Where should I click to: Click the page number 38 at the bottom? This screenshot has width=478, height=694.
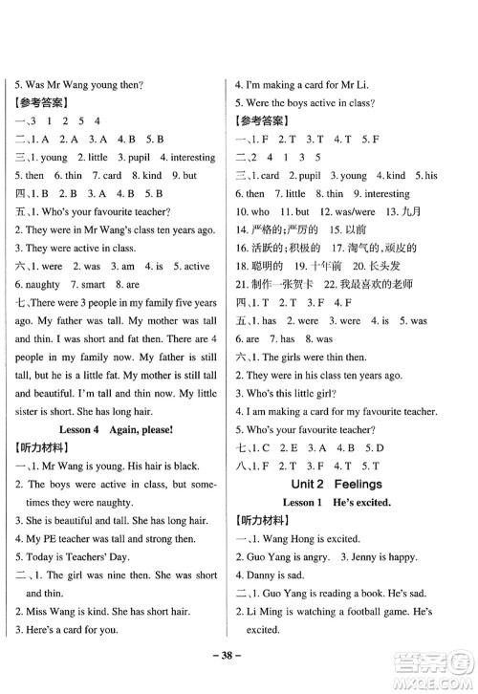tap(239, 669)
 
